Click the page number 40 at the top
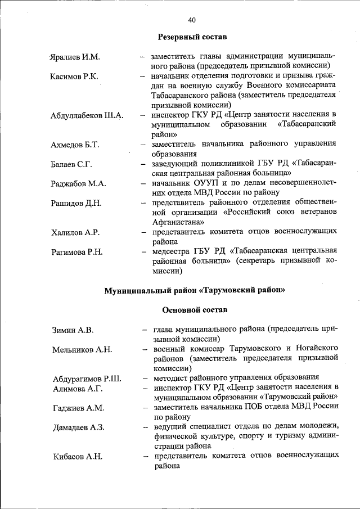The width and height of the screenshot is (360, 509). (x=191, y=20)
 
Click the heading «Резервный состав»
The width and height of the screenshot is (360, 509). (x=191, y=37)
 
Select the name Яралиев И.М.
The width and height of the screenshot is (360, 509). (x=74, y=57)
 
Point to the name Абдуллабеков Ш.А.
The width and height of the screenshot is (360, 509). (x=87, y=116)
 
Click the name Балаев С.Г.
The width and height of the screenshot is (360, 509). (x=71, y=164)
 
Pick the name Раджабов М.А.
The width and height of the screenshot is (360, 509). (x=78, y=184)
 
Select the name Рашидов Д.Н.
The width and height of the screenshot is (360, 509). (x=76, y=203)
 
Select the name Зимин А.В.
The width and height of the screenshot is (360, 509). (x=73, y=330)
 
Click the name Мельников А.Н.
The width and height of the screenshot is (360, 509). (x=82, y=349)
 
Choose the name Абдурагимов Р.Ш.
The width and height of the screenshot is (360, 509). (x=87, y=378)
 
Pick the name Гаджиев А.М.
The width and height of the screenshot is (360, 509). (x=78, y=408)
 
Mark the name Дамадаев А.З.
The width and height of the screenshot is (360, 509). (x=79, y=427)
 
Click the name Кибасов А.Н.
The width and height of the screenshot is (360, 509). (x=78, y=457)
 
